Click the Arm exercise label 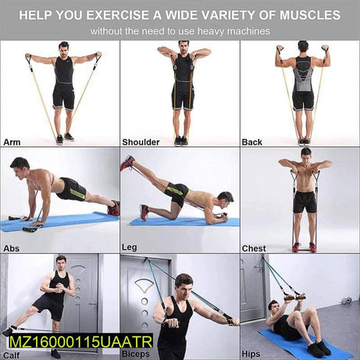click(x=12, y=141)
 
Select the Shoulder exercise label click(x=141, y=141)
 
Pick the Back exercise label click(x=252, y=141)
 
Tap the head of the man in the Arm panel click(x=63, y=48)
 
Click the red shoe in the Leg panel click(x=127, y=162)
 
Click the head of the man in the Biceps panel click(x=183, y=282)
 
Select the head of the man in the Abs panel click(x=20, y=166)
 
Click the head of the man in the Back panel click(x=303, y=47)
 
